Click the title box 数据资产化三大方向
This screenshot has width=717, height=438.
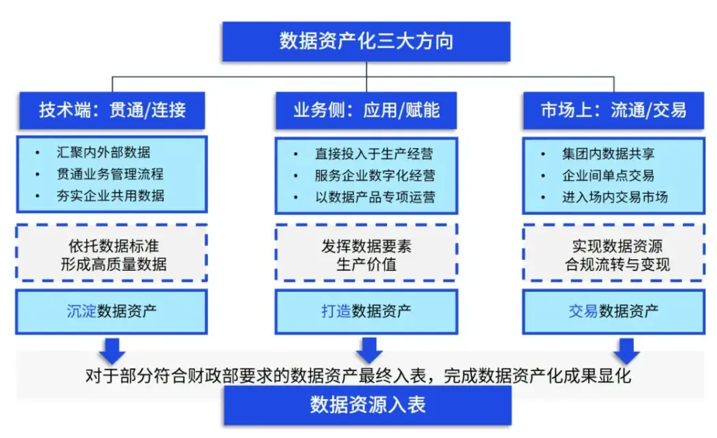click(366, 41)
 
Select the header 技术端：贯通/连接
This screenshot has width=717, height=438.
click(112, 110)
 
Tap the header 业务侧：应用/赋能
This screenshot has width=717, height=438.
click(366, 110)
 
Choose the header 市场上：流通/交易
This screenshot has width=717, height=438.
click(613, 110)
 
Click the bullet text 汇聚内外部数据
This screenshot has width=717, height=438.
click(103, 152)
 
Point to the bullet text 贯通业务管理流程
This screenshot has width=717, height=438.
click(110, 174)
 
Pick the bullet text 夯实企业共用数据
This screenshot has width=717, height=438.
click(110, 196)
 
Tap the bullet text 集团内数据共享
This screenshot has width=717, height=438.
click(608, 154)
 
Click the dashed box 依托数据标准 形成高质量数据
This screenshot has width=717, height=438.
click(112, 254)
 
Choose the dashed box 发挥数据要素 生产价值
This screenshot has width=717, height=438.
click(366, 254)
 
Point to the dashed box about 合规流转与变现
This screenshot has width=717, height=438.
click(613, 254)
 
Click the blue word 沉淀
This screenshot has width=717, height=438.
click(81, 312)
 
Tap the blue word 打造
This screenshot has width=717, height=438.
click(336, 312)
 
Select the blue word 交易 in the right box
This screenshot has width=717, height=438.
click(583, 312)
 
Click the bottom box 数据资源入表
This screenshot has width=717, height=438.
click(367, 405)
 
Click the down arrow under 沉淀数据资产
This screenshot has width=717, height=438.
click(112, 350)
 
